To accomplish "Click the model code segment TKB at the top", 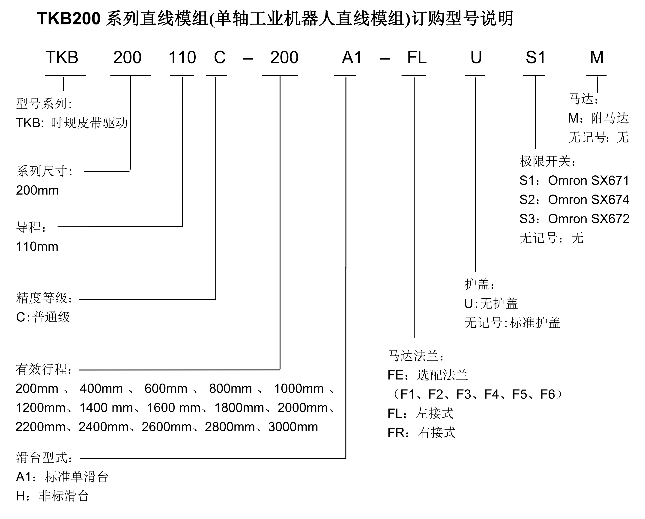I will pos(62,57).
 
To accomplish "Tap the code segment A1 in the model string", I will pos(352,57).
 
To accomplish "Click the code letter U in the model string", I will pos(476,57).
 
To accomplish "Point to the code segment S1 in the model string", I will pos(535,57).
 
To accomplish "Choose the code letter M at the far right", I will pos(597,57).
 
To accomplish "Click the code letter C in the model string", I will pos(220,57).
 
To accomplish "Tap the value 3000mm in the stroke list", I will pos(293,427).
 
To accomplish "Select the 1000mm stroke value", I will pos(299,389).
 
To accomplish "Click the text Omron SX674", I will pos(588,200).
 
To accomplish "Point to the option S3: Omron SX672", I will pos(574,219).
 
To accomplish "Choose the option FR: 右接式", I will pos(421,433).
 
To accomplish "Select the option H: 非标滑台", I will pos(52,496).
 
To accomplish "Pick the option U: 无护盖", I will pos(491,304).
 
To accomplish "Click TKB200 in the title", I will pos(69,18).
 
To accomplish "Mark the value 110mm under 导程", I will pos(37,247).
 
